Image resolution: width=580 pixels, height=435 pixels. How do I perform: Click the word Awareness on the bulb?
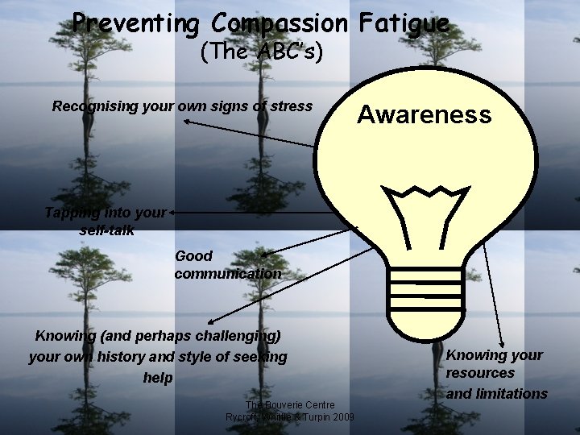tap(424, 115)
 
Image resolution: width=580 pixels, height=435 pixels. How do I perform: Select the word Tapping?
tap(72, 213)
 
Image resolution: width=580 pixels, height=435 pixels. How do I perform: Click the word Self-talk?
tap(107, 230)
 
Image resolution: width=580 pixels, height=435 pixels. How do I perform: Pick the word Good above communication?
tap(193, 256)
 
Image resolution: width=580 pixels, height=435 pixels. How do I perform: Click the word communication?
tap(228, 274)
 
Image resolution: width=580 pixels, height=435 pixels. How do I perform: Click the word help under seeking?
tap(157, 377)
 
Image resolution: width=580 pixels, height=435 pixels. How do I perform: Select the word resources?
tap(480, 373)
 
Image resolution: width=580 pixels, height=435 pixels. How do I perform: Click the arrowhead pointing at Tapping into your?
tap(172, 213)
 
